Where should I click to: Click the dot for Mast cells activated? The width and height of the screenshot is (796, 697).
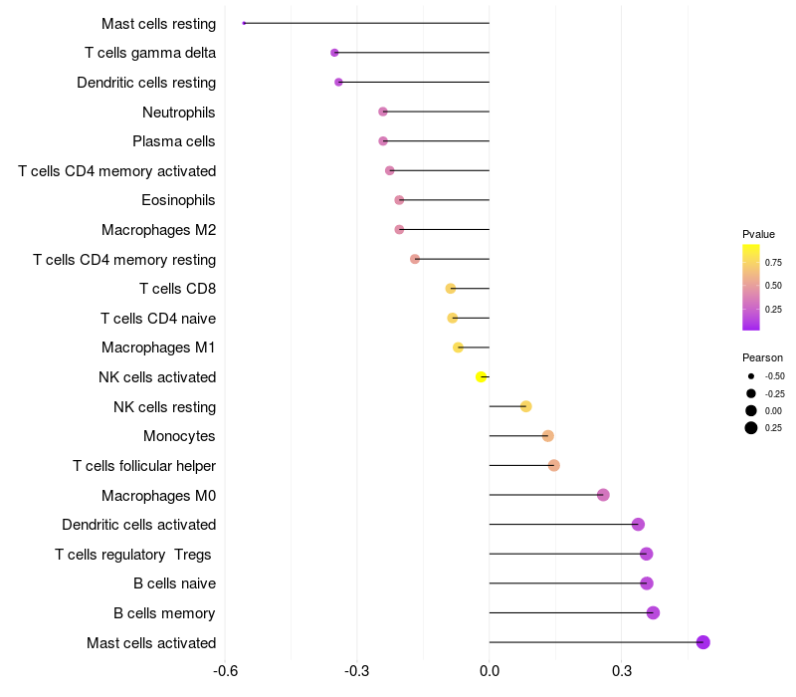pyautogui.click(x=702, y=642)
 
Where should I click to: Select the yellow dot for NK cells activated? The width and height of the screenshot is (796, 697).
pyautogui.click(x=481, y=377)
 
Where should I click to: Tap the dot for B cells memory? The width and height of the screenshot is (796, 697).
pyautogui.click(x=653, y=612)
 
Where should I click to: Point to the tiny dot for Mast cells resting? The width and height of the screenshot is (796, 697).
pyautogui.click(x=244, y=23)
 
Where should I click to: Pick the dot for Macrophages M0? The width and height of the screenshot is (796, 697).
pyautogui.click(x=603, y=495)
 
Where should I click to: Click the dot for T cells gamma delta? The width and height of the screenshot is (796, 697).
pyautogui.click(x=334, y=53)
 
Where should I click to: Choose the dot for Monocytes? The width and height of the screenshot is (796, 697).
pyautogui.click(x=547, y=436)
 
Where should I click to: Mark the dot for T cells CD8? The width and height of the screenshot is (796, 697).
pyautogui.click(x=450, y=289)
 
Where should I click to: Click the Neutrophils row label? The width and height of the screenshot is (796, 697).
pyautogui.click(x=179, y=112)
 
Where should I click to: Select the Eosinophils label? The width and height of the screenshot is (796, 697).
pyautogui.click(x=179, y=200)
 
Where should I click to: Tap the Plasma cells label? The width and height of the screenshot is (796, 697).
pyautogui.click(x=174, y=141)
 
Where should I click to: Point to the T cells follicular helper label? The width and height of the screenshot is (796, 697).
pyautogui.click(x=144, y=465)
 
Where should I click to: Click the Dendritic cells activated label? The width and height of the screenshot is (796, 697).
pyautogui.click(x=139, y=524)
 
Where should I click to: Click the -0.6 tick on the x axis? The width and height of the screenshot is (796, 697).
pyautogui.click(x=225, y=671)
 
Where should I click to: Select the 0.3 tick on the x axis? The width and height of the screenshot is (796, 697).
pyautogui.click(x=622, y=671)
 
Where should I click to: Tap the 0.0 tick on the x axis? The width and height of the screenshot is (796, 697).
pyautogui.click(x=490, y=671)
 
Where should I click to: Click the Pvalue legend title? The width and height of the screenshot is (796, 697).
pyautogui.click(x=758, y=234)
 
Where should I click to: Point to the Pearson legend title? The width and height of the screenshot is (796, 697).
pyautogui.click(x=762, y=357)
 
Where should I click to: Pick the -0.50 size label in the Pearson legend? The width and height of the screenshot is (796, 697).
pyautogui.click(x=774, y=376)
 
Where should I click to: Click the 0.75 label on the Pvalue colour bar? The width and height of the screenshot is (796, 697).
pyautogui.click(x=773, y=263)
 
